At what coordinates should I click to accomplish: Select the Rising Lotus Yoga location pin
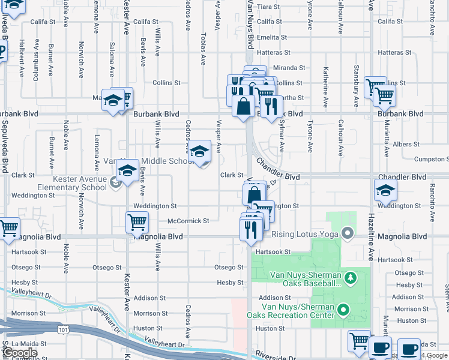point(346,233)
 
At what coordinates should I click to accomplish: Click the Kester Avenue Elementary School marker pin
point(116,184)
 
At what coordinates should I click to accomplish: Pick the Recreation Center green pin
point(343,310)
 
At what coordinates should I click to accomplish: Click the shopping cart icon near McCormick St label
point(137,223)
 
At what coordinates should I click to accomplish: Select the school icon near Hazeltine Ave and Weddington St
point(385,191)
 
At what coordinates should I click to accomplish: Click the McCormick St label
point(188,221)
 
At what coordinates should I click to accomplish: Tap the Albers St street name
point(406,144)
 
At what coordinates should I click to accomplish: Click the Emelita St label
point(268,37)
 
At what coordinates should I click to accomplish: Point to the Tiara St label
point(268,7)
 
